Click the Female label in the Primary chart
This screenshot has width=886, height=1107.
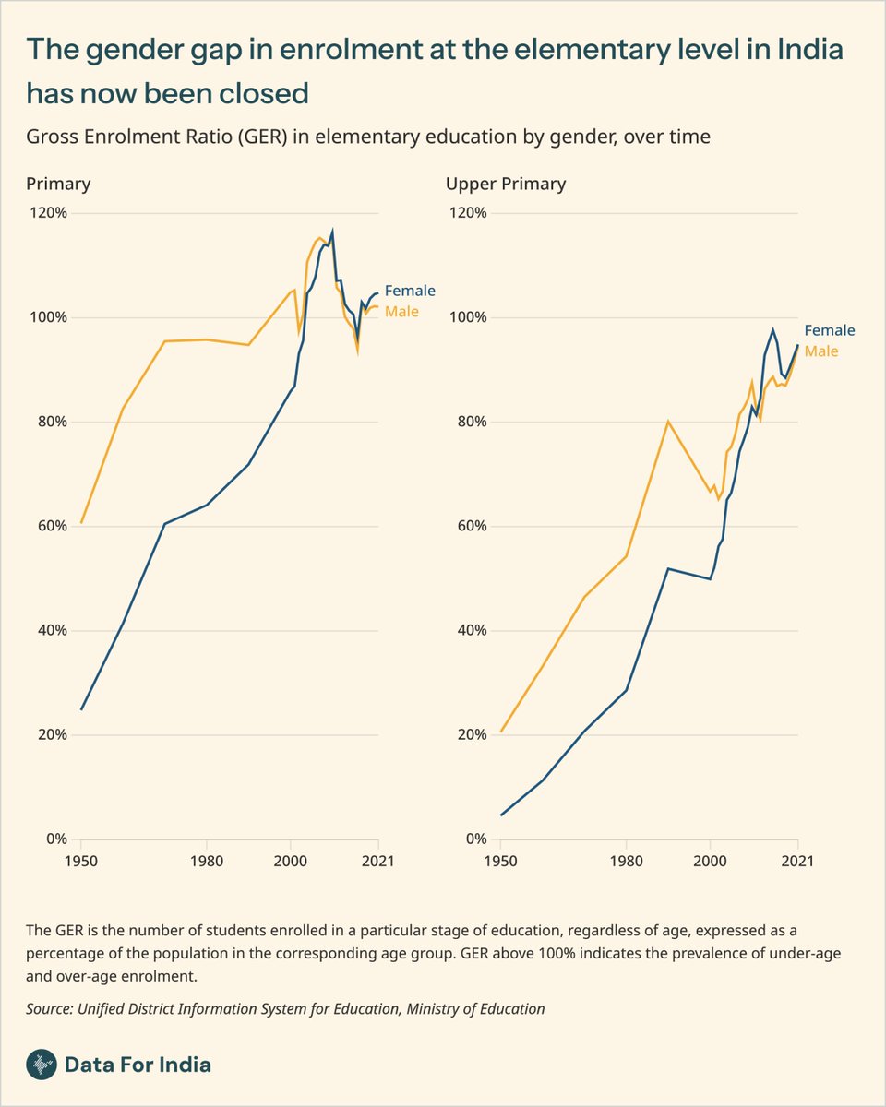[x=409, y=291]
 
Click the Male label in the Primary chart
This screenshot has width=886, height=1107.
[x=401, y=312]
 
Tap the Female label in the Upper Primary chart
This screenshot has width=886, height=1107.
[x=829, y=330]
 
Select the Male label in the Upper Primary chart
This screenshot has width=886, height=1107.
[x=821, y=351]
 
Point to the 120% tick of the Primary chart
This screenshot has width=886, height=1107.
[x=49, y=213]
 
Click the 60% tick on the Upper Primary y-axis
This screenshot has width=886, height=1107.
[x=468, y=527]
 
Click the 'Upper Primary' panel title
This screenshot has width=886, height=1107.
[x=506, y=184]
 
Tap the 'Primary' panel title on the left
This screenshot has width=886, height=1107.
[x=58, y=184]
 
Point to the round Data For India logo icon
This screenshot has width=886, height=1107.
[x=40, y=1065]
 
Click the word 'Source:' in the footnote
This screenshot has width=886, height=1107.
[x=51, y=1009]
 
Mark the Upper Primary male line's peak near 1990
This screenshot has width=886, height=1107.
[x=668, y=422]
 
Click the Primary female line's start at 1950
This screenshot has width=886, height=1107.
[x=81, y=709]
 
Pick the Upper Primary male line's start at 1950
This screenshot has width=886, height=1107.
[x=501, y=732]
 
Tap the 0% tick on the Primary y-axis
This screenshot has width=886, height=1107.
[x=55, y=839]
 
